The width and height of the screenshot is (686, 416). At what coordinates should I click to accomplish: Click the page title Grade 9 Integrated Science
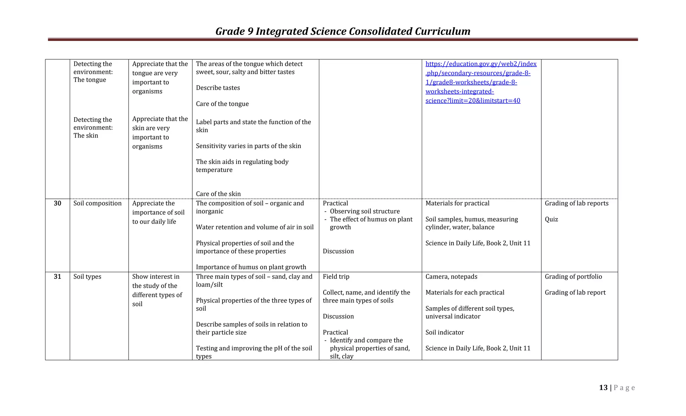pyautogui.click(x=343, y=31)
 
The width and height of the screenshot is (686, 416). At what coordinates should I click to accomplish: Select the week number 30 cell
pyautogui.click(x=57, y=203)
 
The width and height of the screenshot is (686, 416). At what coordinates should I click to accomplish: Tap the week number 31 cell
pyautogui.click(x=57, y=276)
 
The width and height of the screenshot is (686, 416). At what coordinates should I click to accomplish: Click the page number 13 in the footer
pyautogui.click(x=603, y=388)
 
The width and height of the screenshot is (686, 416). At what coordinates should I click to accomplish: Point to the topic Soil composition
pyautogui.click(x=97, y=203)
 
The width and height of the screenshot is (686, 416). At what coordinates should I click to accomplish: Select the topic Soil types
pyautogui.click(x=87, y=276)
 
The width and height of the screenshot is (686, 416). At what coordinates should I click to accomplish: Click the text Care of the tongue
pyautogui.click(x=222, y=104)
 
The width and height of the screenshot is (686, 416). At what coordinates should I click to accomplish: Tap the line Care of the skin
pyautogui.click(x=218, y=194)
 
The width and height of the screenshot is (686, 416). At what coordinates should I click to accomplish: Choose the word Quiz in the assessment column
pyautogui.click(x=551, y=219)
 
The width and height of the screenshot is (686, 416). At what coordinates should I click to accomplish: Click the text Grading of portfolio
pyautogui.click(x=573, y=276)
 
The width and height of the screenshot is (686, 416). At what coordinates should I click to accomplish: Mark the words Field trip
pyautogui.click(x=336, y=276)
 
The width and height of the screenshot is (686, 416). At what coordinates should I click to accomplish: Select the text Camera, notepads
pyautogui.click(x=451, y=276)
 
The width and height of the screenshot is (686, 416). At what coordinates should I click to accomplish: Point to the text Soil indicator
pyautogui.click(x=444, y=332)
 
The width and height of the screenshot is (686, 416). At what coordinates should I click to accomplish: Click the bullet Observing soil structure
pyautogui.click(x=364, y=211)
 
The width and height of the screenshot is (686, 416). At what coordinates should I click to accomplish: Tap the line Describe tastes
pyautogui.click(x=218, y=88)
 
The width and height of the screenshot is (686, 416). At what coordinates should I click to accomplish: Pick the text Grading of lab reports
pyautogui.click(x=576, y=203)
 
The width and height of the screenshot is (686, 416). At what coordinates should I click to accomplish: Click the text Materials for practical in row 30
pyautogui.click(x=457, y=203)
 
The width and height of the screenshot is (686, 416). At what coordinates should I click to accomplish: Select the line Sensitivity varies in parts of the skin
pyautogui.click(x=248, y=146)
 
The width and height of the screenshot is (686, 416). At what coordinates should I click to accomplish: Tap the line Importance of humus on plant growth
pyautogui.click(x=251, y=267)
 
